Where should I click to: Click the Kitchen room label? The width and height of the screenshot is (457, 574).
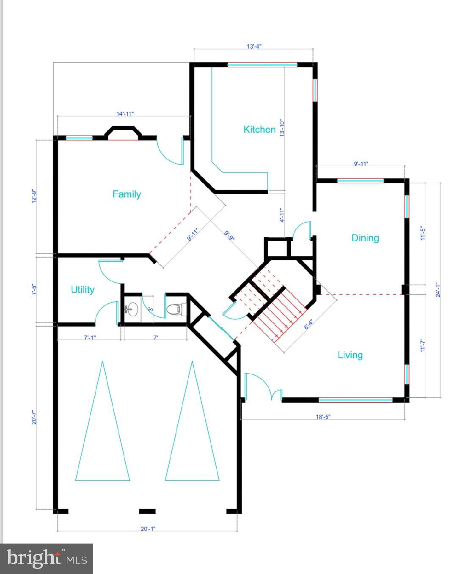click(x=259, y=129)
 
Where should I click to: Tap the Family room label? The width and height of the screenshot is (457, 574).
click(x=127, y=194)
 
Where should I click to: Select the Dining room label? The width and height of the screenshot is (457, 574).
click(x=365, y=238)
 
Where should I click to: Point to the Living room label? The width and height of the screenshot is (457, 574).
click(x=350, y=355)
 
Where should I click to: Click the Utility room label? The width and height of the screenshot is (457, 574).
click(x=83, y=290)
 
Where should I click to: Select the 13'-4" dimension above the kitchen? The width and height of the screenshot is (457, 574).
click(x=254, y=46)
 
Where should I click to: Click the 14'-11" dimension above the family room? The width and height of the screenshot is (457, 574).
click(x=125, y=113)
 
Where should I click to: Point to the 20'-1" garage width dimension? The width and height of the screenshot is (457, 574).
click(x=148, y=529)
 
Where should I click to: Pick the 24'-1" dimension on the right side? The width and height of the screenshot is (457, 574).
click(x=439, y=290)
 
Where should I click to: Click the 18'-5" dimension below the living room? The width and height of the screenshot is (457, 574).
click(x=323, y=417)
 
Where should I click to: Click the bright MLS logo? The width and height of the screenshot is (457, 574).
click(x=47, y=558)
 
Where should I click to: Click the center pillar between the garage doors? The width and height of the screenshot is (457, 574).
click(x=147, y=511)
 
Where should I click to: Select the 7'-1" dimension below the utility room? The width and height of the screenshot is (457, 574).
click(x=90, y=338)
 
